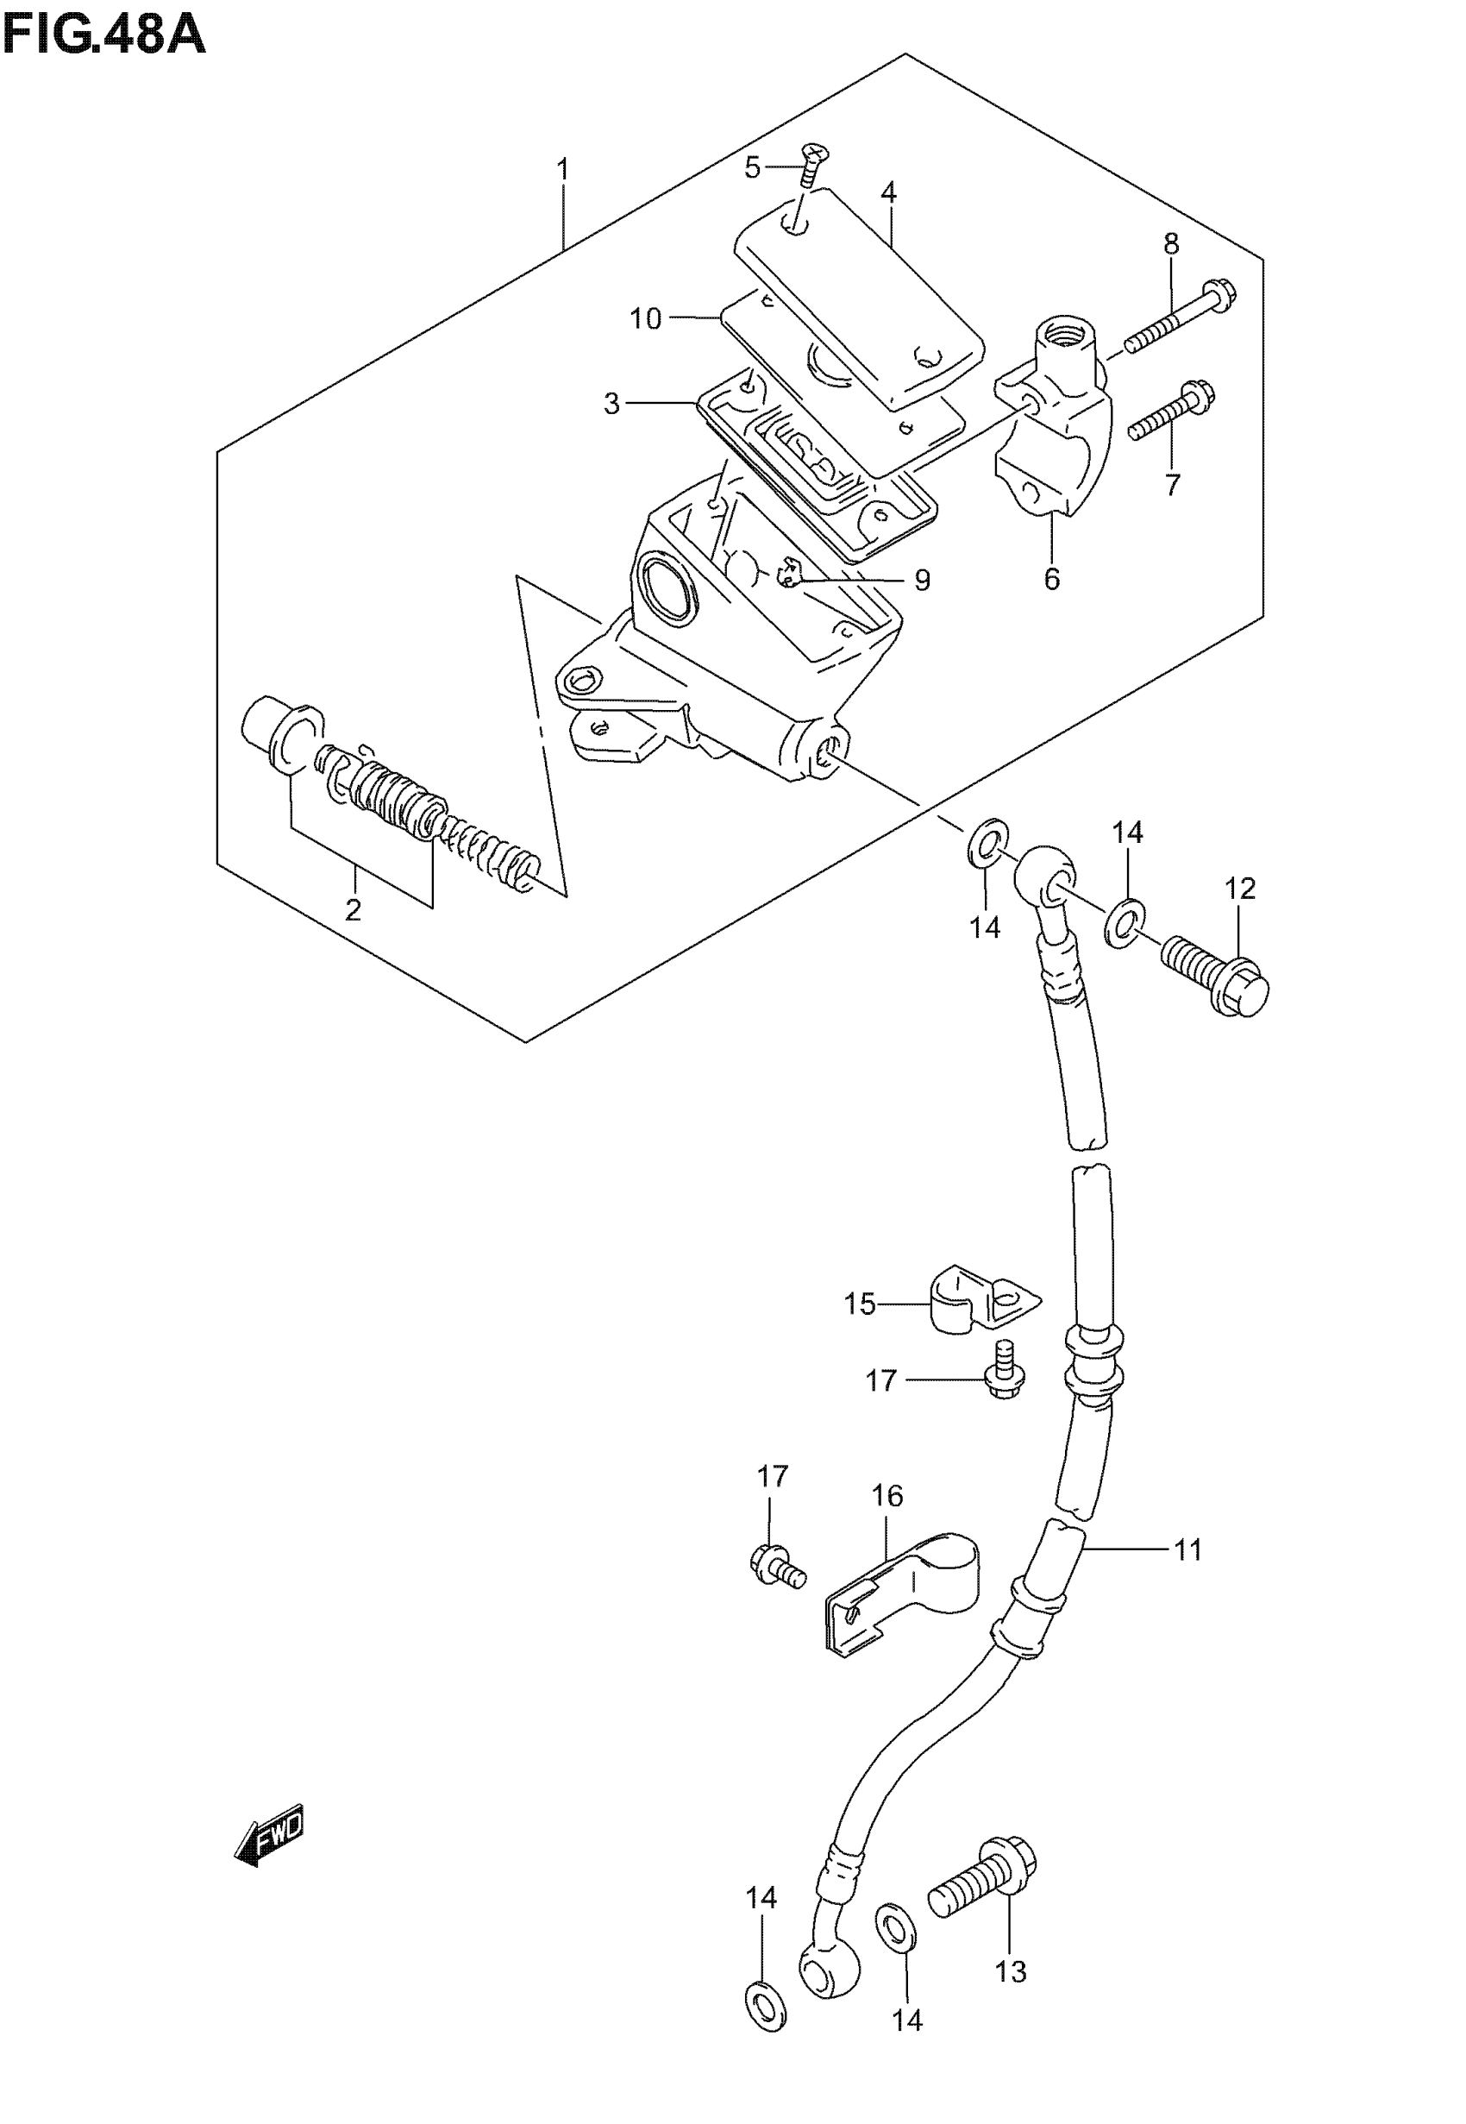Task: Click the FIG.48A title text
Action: (103, 37)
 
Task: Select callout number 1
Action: (563, 170)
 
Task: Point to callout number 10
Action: (646, 319)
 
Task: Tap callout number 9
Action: (922, 581)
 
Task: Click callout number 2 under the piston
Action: (353, 910)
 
